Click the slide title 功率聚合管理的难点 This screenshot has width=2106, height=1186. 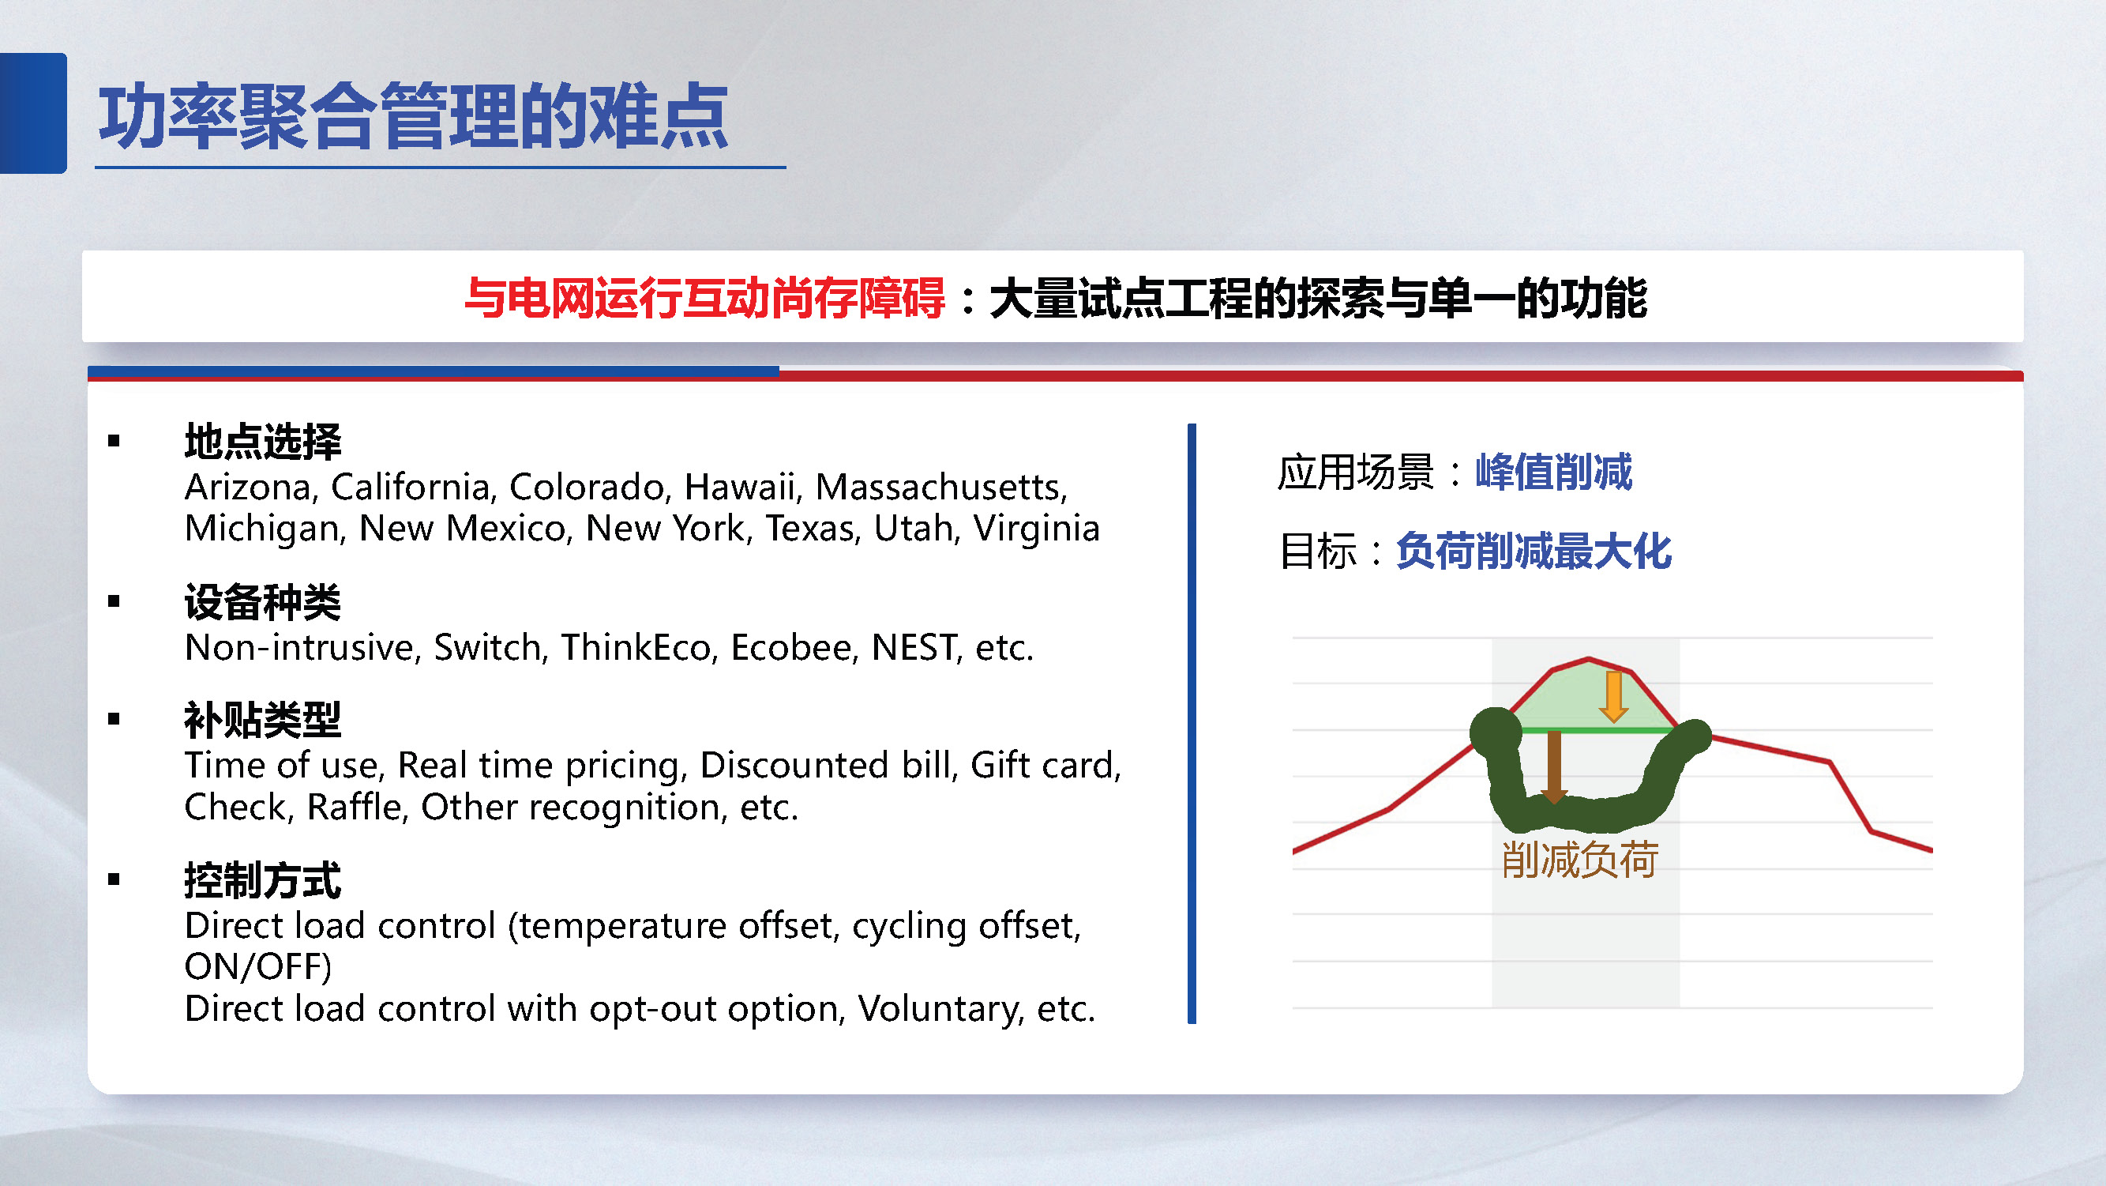tap(413, 116)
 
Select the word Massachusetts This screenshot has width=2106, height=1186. tap(941, 488)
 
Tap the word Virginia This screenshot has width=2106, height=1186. tap(1036, 529)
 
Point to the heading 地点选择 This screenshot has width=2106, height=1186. tap(262, 442)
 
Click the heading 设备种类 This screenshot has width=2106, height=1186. tap(262, 603)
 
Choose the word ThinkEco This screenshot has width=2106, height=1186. tap(639, 648)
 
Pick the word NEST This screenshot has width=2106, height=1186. tap(914, 648)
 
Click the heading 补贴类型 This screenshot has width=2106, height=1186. tap(262, 721)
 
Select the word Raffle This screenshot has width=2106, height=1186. tap(355, 808)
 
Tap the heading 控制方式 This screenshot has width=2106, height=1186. tap(262, 881)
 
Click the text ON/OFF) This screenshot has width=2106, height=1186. tap(258, 967)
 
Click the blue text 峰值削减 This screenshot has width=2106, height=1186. tap(1553, 472)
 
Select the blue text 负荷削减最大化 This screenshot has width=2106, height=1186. tap(1534, 551)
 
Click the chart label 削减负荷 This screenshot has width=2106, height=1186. tap(1579, 860)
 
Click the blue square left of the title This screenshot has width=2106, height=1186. tap(32, 113)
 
